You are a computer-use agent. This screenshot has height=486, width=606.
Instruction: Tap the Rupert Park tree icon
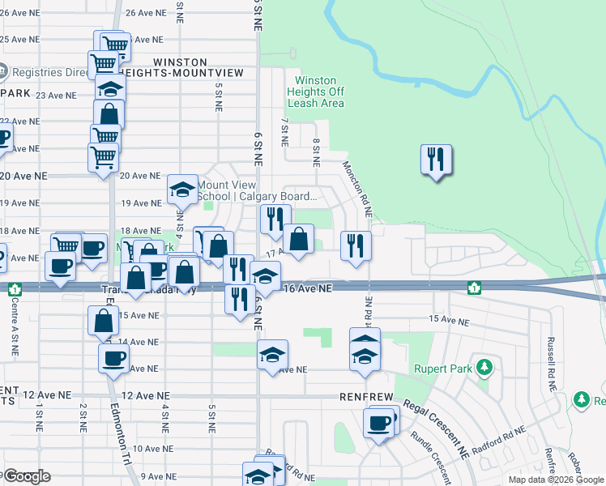coord(484,369)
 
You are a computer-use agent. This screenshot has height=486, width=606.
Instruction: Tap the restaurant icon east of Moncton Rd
coord(436,160)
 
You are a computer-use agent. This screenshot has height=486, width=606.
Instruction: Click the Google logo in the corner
coord(26,476)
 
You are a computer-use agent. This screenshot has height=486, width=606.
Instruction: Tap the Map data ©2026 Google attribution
coord(555,480)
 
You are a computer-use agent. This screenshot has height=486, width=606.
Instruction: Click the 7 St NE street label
coord(284,131)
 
